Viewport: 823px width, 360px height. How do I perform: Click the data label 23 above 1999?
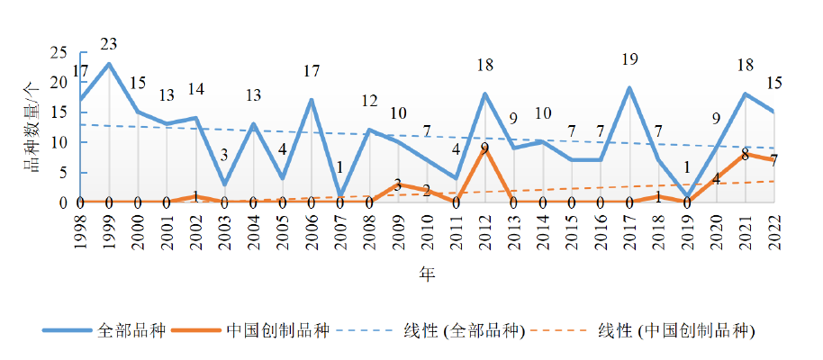pos(109,44)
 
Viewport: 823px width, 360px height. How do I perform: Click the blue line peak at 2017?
pos(629,87)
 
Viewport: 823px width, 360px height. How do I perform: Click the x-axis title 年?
pos(427,274)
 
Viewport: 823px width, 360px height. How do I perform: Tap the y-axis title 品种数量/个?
pos(33,126)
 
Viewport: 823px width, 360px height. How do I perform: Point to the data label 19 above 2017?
pos(629,60)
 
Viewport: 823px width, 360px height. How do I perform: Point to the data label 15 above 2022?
pos(773,84)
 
